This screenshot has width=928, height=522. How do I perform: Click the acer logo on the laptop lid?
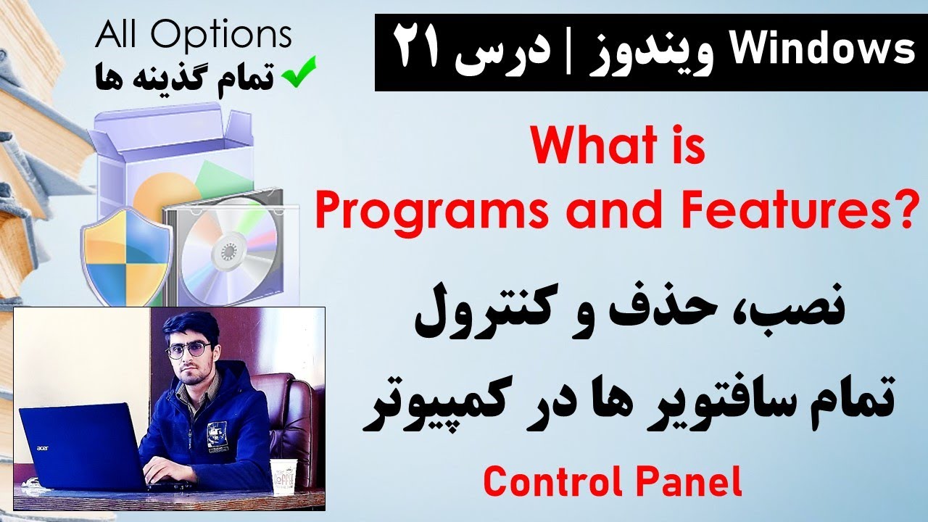43,448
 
